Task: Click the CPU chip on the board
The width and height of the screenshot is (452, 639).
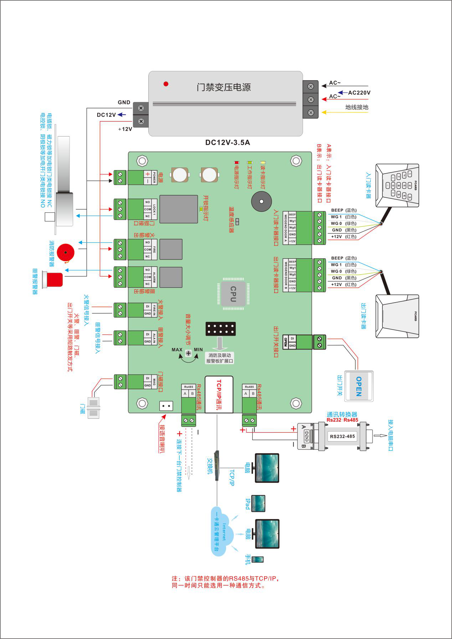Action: (x=233, y=294)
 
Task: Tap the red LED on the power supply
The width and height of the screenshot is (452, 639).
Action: (x=166, y=84)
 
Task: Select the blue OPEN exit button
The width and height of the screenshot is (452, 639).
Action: (x=359, y=386)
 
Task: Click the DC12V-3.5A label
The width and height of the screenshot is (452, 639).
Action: (x=227, y=143)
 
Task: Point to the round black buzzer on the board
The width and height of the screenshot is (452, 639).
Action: (x=261, y=202)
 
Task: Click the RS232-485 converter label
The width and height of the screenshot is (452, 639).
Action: (x=342, y=436)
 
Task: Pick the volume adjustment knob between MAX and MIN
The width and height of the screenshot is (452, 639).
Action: (x=188, y=353)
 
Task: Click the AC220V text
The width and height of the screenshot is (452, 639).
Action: (x=359, y=93)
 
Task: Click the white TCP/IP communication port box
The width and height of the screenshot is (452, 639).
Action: (x=219, y=395)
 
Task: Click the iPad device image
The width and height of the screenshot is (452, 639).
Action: (x=258, y=504)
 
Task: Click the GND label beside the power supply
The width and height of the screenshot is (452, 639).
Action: (x=124, y=102)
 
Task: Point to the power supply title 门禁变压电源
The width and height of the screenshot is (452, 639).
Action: (x=224, y=87)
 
